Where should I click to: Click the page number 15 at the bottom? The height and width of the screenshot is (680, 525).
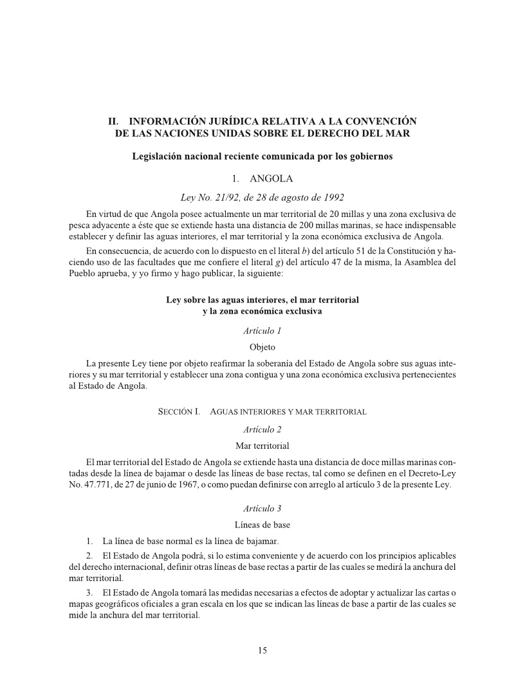[262, 650]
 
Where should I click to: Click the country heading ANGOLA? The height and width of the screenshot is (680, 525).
[271, 178]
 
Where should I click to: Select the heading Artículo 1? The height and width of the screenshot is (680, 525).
[262, 331]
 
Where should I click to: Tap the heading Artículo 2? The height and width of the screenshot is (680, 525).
[262, 429]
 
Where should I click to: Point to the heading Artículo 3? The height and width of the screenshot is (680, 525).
[262, 508]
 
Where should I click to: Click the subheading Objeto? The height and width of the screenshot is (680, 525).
[262, 346]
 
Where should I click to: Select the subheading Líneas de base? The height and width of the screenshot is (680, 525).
[262, 524]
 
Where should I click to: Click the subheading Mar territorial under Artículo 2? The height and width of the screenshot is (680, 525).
[262, 445]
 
